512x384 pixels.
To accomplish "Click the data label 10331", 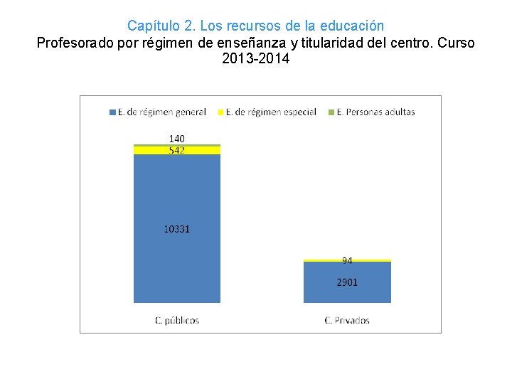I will coord(177,229).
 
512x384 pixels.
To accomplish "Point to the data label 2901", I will coord(347,282).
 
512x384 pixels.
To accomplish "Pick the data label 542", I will coord(177,150).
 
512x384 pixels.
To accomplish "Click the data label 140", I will coord(177,139).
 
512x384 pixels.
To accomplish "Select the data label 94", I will coord(347,261).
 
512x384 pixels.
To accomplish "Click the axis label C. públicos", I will coord(177,320).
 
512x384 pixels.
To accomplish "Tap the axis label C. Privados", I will coord(347,320).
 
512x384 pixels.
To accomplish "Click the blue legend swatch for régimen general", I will coord(112,112).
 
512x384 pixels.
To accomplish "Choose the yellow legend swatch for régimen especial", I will coord(220,112).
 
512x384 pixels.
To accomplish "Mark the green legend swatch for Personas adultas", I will coord(331,112).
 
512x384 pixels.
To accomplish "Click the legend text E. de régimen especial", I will coord(271,112).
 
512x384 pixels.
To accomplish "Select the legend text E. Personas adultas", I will coord(375,112).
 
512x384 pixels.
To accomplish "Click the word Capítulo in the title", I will coord(152,26).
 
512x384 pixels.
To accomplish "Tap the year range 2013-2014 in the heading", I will coord(256,60).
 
